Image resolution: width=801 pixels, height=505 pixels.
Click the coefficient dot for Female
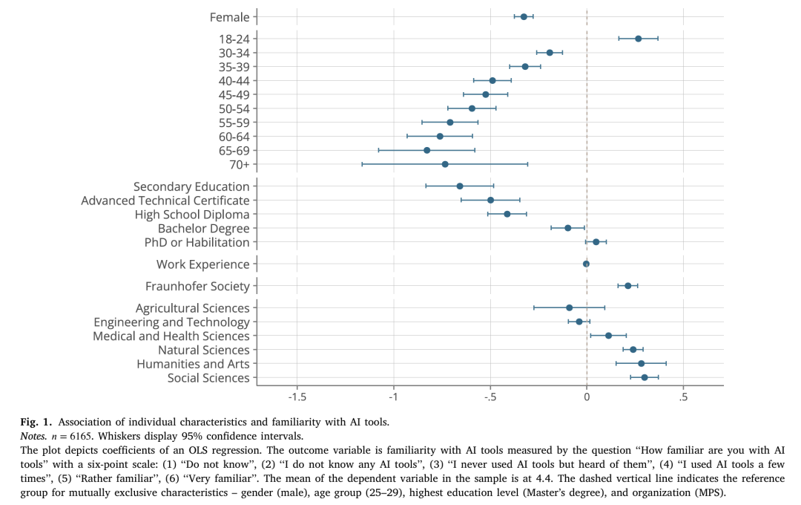coord(524,16)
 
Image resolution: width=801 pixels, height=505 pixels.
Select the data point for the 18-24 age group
coord(638,39)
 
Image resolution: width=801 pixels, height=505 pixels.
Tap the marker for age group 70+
coord(445,164)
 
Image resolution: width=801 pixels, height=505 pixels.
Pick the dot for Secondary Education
coord(460,186)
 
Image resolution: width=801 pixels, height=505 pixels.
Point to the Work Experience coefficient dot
coord(586,264)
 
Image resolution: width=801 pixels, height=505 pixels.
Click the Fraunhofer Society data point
coord(627,286)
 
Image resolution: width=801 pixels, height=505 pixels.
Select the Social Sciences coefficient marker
coord(645,377)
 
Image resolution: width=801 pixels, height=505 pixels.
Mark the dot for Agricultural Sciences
coord(569,307)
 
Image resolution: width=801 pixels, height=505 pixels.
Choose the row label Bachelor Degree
coord(204,229)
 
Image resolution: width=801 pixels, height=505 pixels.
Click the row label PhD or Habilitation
coord(197,243)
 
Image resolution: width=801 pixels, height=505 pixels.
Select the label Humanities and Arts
coord(193,364)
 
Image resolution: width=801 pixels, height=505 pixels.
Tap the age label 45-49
coord(234,95)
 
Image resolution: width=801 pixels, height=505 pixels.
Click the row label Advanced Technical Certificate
coord(165,201)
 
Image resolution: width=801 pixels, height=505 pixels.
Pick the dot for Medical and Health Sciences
coord(608,336)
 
